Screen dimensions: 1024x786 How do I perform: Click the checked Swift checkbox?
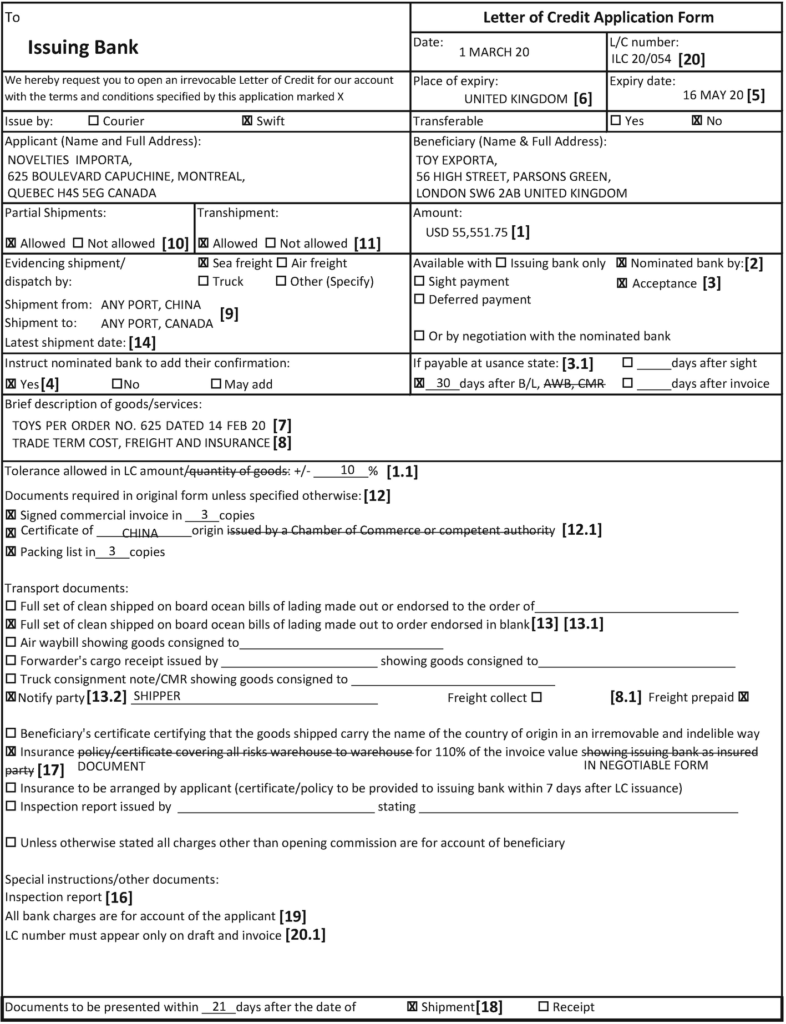coord(247,121)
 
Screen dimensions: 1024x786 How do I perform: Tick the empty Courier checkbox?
coord(94,120)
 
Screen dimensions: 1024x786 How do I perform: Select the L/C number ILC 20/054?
coord(641,59)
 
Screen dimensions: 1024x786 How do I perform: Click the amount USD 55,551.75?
coord(466,232)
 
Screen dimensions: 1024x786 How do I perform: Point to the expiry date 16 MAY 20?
coord(713,95)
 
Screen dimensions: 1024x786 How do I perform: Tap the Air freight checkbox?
coord(282,263)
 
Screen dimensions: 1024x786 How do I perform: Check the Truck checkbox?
coord(204,281)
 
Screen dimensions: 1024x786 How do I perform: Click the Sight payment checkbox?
coord(419,281)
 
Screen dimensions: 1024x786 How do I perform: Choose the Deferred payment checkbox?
coord(419,300)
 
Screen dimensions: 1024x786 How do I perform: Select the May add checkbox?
coord(216,384)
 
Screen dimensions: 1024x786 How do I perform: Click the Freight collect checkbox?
coord(536,697)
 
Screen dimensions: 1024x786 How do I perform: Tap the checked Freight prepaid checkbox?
coord(744,697)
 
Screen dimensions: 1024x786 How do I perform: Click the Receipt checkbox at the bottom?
coord(544,1006)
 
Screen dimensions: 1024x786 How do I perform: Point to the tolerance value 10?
coord(347,470)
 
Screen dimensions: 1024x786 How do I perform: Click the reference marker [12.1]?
coord(582,530)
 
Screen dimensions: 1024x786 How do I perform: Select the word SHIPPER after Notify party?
coord(157,696)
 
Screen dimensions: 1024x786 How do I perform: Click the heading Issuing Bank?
coord(83,48)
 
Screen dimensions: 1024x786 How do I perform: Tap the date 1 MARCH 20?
coord(494,52)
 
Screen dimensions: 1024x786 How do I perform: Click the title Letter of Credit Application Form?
coord(598,18)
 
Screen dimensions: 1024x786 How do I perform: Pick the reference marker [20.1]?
coord(305,935)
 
